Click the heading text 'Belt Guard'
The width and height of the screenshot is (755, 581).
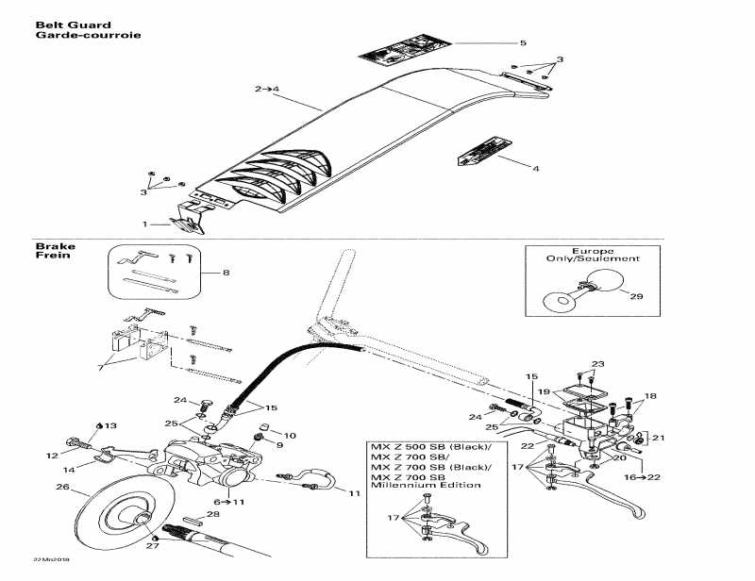coord(73,25)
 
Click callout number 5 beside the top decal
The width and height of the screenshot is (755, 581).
coord(523,43)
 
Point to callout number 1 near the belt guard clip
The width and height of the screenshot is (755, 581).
coord(144,224)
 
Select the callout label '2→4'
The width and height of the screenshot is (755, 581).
coord(267,89)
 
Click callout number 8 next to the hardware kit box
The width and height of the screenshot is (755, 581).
coord(226,274)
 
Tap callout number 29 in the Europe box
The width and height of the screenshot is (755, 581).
coord(636,296)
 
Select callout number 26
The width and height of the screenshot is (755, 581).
coord(63,488)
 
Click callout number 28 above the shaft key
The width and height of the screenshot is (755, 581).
coord(213,514)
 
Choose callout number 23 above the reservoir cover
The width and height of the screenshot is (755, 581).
coord(596,364)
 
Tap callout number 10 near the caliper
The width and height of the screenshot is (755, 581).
coord(290,436)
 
